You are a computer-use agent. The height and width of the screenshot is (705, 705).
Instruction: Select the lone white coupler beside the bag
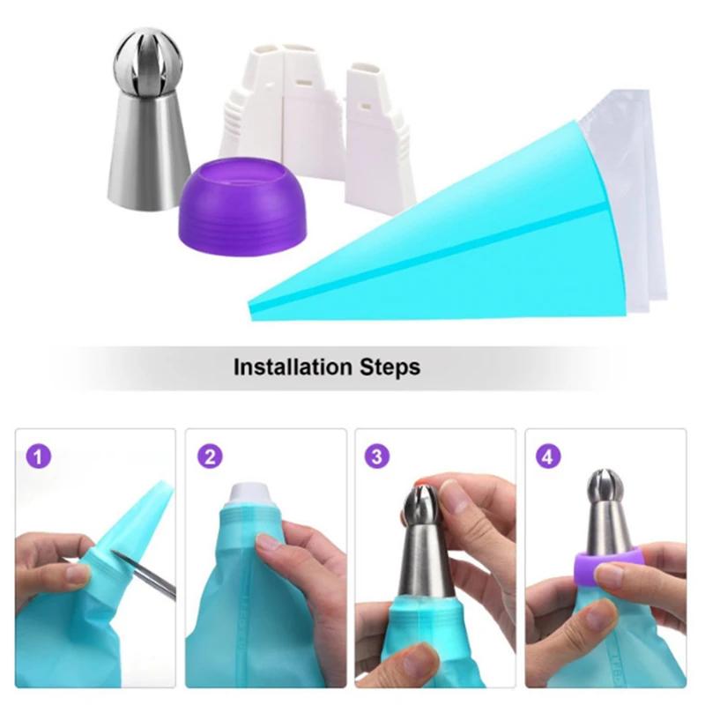[377, 132]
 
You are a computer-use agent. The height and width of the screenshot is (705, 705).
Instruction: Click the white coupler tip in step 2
[253, 493]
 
